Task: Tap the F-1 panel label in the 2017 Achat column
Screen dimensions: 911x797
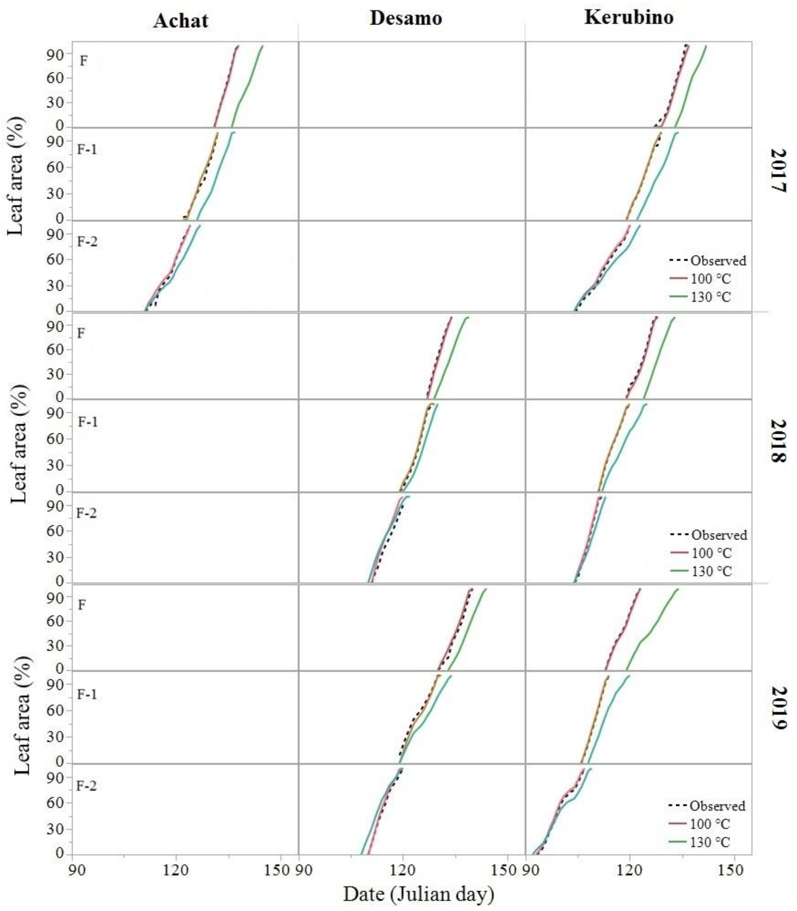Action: (x=87, y=149)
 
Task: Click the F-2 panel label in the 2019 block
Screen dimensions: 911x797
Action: (x=86, y=786)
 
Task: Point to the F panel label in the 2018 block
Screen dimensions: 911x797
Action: (x=81, y=333)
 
